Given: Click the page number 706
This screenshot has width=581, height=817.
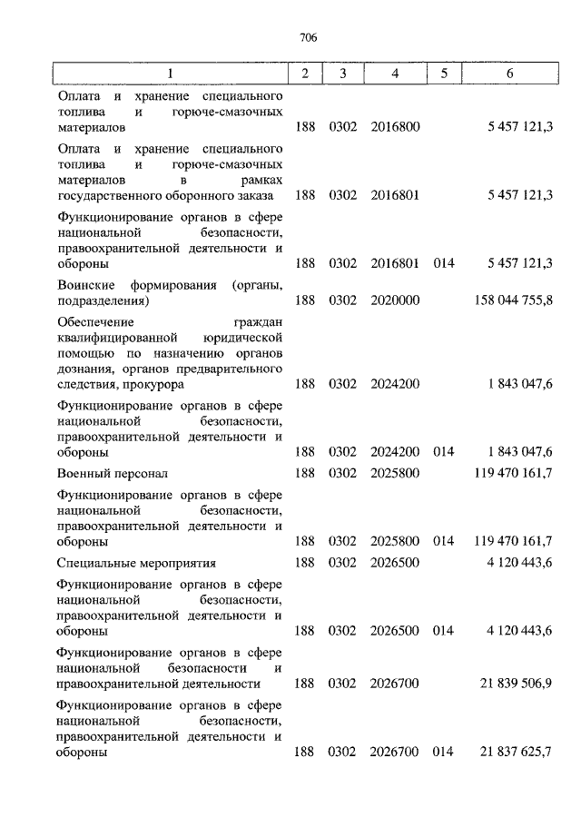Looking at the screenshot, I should (307, 37).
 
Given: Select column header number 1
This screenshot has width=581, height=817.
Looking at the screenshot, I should (169, 74).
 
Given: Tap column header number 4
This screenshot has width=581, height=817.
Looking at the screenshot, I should (395, 74).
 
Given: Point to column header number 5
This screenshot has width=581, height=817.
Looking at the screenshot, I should (443, 74).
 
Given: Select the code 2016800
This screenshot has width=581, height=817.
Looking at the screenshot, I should (395, 128).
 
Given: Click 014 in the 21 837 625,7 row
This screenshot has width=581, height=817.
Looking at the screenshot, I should (443, 753).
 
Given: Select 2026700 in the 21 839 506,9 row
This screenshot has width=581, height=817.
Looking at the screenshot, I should (395, 684).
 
